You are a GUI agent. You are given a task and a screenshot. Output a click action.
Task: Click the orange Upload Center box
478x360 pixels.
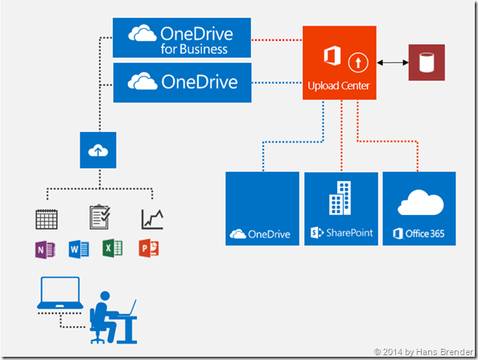339,63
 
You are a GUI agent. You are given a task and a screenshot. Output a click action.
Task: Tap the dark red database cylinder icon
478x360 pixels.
426,63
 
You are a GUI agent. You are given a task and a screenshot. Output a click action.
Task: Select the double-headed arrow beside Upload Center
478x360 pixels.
390,63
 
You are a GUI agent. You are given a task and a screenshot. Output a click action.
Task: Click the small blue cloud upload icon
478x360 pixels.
97,151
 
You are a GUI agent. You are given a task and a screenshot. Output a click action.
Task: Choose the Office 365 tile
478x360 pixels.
418,209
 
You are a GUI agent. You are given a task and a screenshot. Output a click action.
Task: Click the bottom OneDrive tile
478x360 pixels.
262,209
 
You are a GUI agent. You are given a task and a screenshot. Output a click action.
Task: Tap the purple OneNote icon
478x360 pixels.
45,248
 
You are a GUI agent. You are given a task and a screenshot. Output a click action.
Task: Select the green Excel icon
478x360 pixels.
112,248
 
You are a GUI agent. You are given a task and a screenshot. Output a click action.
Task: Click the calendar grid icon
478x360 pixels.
45,218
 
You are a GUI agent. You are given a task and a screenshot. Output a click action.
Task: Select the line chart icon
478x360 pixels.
151,218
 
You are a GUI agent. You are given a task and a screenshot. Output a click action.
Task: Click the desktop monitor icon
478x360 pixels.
60,296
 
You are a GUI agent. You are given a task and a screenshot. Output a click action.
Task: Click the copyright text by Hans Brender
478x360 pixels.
425,352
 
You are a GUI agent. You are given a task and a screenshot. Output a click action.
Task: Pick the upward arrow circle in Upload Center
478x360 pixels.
357,61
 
